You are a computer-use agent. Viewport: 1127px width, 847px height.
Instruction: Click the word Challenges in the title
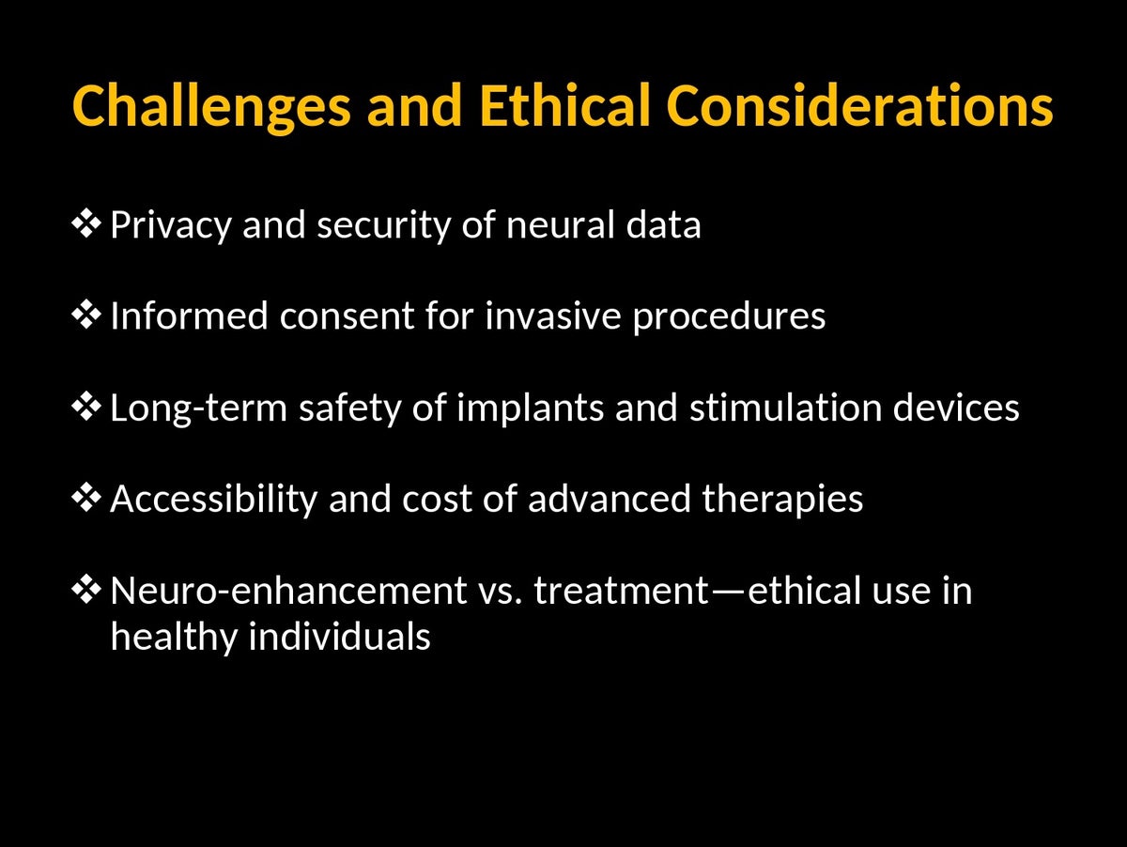211,107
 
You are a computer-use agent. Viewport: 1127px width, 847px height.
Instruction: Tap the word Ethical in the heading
565,105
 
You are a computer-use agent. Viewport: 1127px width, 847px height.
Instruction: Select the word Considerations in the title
860,105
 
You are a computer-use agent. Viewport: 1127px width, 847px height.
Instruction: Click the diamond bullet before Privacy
86,223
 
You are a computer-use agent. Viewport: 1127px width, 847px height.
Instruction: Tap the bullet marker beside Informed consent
86,315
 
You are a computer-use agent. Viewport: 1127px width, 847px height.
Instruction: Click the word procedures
729,317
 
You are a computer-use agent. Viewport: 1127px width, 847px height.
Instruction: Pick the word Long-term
199,408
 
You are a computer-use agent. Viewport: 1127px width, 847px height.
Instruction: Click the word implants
530,408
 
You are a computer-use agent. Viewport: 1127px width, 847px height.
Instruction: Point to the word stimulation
785,408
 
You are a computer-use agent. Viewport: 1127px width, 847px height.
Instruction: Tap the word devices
956,408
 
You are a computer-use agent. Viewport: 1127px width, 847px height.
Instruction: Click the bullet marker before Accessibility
86,498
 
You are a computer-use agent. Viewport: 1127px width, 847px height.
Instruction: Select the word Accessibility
214,500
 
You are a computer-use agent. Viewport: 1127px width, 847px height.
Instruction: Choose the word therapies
782,500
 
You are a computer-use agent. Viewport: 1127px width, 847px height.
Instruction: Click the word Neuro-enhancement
288,591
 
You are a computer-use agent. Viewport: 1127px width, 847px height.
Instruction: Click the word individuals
339,636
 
